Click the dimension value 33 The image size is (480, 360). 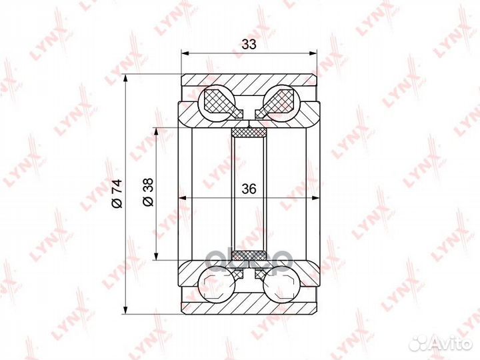pyautogui.click(x=249, y=45)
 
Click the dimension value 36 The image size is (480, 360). pyautogui.click(x=249, y=189)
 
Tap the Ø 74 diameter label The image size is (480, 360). pyautogui.click(x=117, y=193)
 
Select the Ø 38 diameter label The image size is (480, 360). pyautogui.click(x=148, y=192)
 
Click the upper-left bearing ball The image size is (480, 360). pyautogui.click(x=217, y=103)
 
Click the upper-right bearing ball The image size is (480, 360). pyautogui.click(x=281, y=103)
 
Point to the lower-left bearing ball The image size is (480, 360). pyautogui.click(x=217, y=284)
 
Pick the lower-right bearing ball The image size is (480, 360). pyautogui.click(x=281, y=284)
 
